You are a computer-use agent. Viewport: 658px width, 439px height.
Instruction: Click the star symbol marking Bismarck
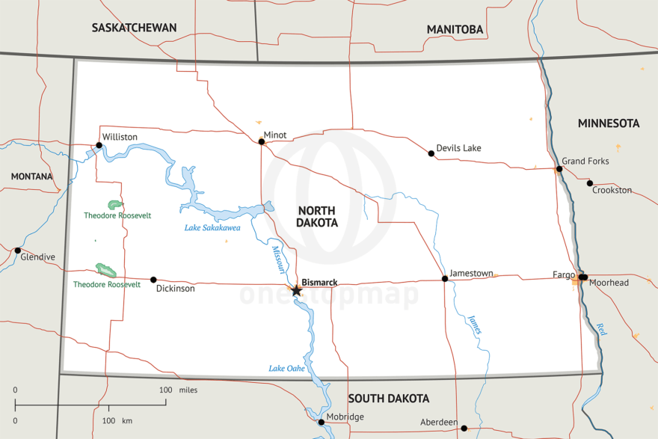[296, 290]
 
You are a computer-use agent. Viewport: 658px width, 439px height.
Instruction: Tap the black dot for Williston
[99, 146]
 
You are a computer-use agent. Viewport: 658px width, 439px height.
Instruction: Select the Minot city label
[275, 135]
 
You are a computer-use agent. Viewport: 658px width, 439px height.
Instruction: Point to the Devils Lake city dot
[431, 153]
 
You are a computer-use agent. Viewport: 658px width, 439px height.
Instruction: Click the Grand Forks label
[585, 162]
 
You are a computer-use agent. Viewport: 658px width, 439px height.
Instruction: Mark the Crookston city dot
[590, 183]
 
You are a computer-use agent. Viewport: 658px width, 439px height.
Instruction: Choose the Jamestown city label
[471, 274]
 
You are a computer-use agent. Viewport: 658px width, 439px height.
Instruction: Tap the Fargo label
[563, 274]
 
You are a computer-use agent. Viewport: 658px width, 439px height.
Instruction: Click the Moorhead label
[609, 283]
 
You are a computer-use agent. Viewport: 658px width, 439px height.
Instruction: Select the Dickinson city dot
[153, 280]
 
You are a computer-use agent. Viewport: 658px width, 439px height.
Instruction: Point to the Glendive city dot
[18, 251]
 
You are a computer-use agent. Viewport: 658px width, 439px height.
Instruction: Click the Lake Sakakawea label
[212, 228]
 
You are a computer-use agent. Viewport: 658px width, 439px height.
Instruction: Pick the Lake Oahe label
[286, 368]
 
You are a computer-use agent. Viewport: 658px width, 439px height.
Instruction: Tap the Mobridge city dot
[321, 422]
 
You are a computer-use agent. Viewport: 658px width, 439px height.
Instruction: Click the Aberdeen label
[439, 423]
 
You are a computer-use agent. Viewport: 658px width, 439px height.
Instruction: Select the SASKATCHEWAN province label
[134, 28]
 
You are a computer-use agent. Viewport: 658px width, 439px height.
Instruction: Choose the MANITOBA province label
[455, 30]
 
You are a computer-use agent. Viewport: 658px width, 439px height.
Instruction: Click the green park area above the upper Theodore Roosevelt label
[114, 204]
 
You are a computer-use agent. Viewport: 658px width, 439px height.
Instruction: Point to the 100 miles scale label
[178, 390]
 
